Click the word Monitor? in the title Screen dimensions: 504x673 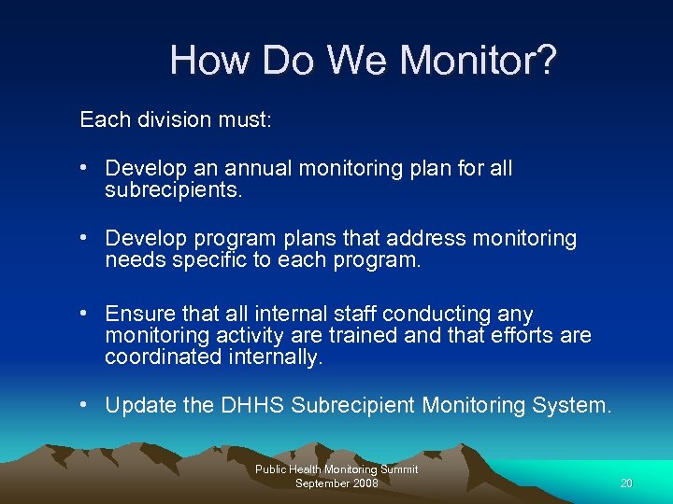click(478, 62)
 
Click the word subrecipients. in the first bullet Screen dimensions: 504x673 click(173, 190)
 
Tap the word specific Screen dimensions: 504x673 click(204, 260)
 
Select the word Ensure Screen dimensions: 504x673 click(141, 313)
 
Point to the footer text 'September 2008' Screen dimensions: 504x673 click(336, 483)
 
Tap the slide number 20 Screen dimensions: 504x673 click(625, 483)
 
